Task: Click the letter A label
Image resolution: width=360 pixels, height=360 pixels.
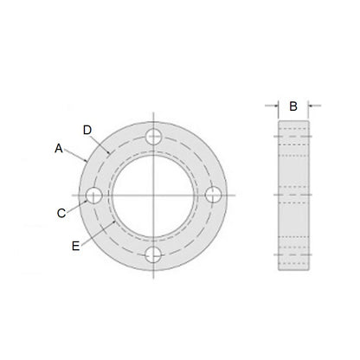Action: coord(59,148)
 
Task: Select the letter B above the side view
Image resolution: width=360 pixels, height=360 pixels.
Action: coord(293,106)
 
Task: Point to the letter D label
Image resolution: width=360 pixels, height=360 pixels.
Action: coord(87,130)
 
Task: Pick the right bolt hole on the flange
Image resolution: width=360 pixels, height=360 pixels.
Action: coord(214,195)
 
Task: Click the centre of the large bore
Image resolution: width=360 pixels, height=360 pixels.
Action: coord(155,195)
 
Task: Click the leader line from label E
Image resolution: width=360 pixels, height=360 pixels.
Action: coord(96,235)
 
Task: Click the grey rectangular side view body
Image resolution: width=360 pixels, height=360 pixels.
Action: coord(293,195)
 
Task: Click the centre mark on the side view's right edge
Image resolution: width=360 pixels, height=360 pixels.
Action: coord(311,195)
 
